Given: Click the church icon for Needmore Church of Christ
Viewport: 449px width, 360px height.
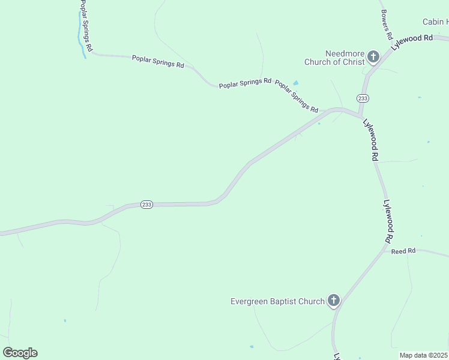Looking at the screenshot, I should (373, 57).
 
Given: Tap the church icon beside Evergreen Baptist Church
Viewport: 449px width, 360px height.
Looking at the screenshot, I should (334, 301).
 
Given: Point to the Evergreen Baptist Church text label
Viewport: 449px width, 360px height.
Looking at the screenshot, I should (277, 301).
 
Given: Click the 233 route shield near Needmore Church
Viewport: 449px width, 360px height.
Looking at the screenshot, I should (362, 98).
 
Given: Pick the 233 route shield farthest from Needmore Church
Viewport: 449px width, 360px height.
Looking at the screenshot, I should (147, 205).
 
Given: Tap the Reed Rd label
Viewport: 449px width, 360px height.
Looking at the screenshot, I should (403, 251).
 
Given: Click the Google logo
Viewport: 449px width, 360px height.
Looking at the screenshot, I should (20, 353).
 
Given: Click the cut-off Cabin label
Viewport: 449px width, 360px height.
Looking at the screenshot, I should (435, 22).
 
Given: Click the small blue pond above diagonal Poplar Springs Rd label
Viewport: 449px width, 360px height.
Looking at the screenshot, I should (295, 83).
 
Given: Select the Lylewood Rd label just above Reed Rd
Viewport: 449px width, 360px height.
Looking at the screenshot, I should (388, 221).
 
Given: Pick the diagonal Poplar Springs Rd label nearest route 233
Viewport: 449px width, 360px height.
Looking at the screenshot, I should (297, 97).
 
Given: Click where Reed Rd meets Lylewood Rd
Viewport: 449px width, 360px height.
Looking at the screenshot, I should (385, 247).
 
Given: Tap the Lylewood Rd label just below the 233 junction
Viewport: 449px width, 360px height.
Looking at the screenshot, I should (370, 139).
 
